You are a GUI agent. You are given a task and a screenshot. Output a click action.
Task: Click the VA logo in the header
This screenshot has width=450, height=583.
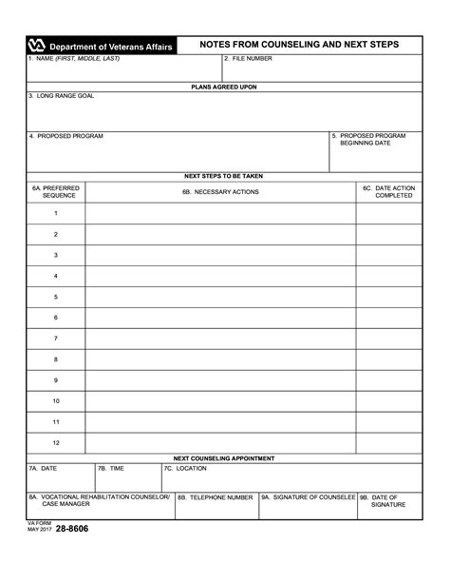tap(37, 45)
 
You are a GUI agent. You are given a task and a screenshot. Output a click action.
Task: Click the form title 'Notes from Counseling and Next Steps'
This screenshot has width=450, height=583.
tap(299, 45)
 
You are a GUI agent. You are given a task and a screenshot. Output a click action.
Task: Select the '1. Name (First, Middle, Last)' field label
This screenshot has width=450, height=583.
tap(73, 59)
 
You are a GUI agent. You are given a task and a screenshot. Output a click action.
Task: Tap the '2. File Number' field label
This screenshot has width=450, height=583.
tap(249, 59)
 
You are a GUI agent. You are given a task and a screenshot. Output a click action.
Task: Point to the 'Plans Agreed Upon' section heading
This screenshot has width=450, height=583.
tap(224, 87)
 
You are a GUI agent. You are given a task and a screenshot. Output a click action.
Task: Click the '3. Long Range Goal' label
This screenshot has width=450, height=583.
tap(61, 96)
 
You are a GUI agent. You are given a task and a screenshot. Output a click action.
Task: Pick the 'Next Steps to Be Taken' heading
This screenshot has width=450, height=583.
tap(224, 176)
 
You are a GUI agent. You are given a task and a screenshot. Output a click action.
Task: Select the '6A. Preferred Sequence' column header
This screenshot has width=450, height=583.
tap(56, 191)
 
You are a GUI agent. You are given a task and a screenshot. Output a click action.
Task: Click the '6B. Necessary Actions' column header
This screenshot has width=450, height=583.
tap(220, 191)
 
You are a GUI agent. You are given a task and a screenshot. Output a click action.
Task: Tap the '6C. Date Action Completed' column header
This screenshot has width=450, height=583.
tap(388, 191)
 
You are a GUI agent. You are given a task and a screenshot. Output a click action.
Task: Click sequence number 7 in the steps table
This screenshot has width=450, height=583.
tap(56, 339)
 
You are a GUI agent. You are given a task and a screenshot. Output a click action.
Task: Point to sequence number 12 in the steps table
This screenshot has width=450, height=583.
tap(56, 443)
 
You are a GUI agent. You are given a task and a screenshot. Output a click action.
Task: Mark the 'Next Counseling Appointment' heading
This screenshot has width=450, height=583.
tap(224, 457)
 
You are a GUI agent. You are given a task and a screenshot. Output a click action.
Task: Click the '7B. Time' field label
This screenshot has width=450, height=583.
tap(111, 468)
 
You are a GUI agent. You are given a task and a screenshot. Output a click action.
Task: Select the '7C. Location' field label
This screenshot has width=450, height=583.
tap(184, 468)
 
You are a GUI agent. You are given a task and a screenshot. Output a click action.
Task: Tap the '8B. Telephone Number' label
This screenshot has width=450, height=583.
tap(216, 496)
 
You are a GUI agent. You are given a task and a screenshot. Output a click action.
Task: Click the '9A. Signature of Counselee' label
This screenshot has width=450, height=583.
tap(309, 496)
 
